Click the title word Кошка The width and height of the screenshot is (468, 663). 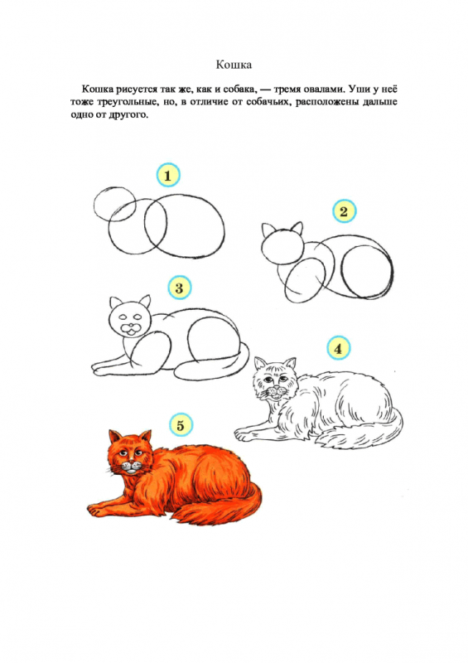[x=234, y=64]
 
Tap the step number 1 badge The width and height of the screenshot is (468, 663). [x=168, y=176]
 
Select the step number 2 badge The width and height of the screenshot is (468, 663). [x=344, y=211]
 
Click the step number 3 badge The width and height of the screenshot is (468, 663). [x=180, y=288]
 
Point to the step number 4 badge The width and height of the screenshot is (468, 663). [x=338, y=349]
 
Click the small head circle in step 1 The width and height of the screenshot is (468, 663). [x=114, y=205]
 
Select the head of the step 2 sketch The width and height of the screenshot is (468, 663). [x=281, y=245]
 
